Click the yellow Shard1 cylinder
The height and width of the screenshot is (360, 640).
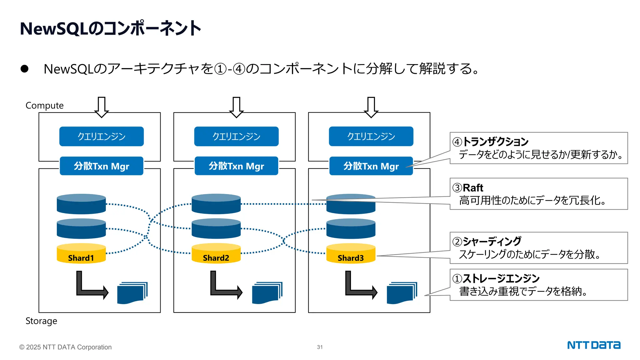click(81, 254)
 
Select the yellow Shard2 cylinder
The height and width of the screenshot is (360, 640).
click(216, 254)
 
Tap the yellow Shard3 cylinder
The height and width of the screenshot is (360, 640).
click(351, 254)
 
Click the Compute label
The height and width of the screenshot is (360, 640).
click(44, 106)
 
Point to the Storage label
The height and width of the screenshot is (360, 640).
click(41, 321)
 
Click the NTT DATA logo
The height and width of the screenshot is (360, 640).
click(593, 345)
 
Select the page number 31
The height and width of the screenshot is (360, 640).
click(320, 347)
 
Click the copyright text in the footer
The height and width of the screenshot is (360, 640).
click(65, 347)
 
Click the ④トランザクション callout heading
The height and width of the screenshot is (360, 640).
click(491, 142)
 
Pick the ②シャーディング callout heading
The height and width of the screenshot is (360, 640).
click(487, 241)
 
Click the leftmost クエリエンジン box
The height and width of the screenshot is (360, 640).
click(102, 136)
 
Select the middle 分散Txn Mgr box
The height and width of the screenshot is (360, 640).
click(236, 166)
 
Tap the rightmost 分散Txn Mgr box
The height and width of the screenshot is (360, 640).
click(371, 166)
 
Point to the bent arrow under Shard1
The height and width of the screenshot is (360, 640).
click(91, 286)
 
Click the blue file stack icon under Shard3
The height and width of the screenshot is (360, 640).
click(402, 293)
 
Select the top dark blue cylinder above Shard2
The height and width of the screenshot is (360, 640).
click(216, 204)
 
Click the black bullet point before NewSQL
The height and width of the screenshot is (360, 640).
click(24, 69)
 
